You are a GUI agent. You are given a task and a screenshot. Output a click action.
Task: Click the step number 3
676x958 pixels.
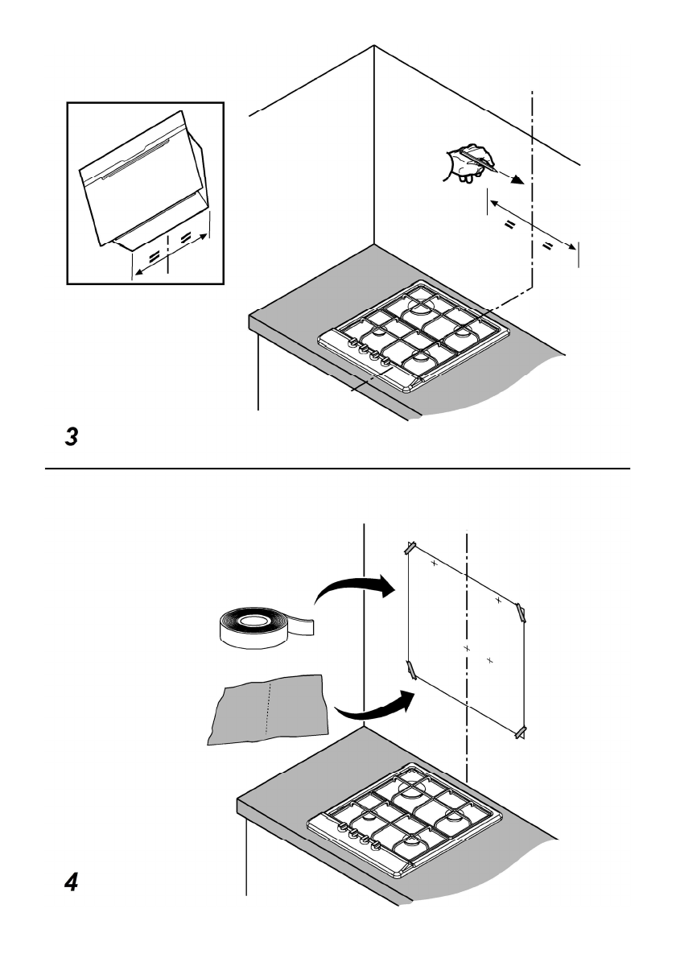[72, 436]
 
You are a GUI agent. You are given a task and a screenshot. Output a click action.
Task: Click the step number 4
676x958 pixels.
[72, 882]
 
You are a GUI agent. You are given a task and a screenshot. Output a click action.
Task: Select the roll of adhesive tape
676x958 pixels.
[265, 628]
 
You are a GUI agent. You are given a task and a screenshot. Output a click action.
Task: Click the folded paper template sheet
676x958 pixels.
[267, 708]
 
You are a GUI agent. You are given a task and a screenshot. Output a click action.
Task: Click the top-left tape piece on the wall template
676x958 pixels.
[411, 548]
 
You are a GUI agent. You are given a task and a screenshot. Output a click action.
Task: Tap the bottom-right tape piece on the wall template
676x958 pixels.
[521, 733]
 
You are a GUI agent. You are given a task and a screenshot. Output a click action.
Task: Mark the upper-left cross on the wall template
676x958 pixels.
[435, 563]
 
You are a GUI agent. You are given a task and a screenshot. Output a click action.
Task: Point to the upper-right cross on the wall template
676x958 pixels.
[498, 601]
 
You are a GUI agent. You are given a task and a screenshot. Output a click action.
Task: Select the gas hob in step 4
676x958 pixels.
[404, 817]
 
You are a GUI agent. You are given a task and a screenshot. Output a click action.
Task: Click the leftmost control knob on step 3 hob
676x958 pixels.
[352, 344]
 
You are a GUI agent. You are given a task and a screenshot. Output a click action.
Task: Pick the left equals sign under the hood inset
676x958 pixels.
[154, 255]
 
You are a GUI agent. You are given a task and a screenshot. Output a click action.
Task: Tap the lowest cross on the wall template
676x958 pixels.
[490, 660]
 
